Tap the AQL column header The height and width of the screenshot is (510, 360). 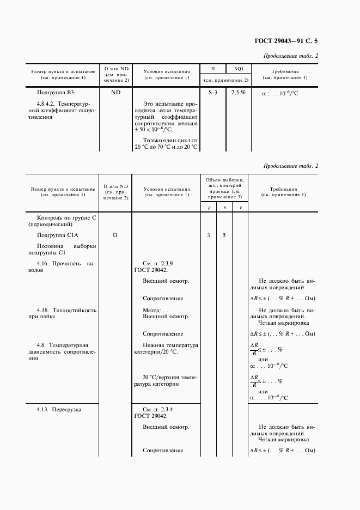tap(239, 69)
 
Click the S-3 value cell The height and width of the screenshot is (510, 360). tap(213, 93)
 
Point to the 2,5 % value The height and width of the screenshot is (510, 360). tap(239, 93)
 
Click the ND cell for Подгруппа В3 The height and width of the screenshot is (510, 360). tap(115, 93)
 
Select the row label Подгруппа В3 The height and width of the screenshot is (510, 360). tap(55, 93)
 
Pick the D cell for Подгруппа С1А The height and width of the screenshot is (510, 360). tap(115, 235)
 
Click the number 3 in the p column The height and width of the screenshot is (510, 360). tap(209, 235)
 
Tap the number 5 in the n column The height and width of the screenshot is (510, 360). tap(224, 235)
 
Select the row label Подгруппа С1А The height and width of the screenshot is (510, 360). tap(57, 235)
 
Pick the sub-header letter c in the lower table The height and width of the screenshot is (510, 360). tap(240, 208)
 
